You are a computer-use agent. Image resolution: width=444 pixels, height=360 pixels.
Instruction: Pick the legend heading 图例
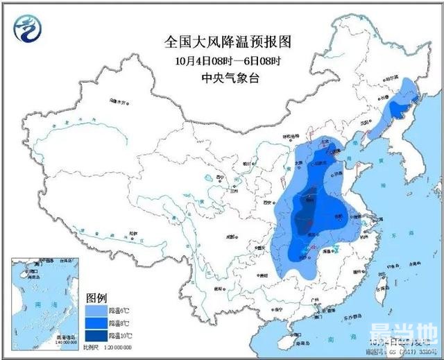pos(96,298)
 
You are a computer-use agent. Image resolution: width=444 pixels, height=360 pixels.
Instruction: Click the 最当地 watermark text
pos(413,343)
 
